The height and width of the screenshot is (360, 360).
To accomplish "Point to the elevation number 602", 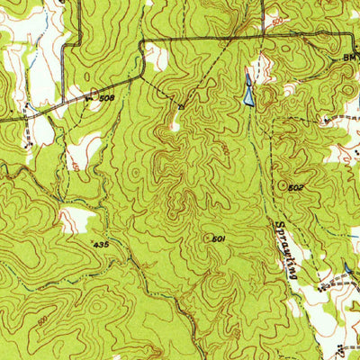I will [297, 186].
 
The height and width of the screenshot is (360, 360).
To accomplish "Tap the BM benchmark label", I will [349, 56].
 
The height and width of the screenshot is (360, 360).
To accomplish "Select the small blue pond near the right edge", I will [347, 269].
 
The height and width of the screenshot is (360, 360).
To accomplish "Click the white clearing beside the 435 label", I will [76, 219].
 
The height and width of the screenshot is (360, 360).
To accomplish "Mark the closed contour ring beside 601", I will [208, 238].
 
